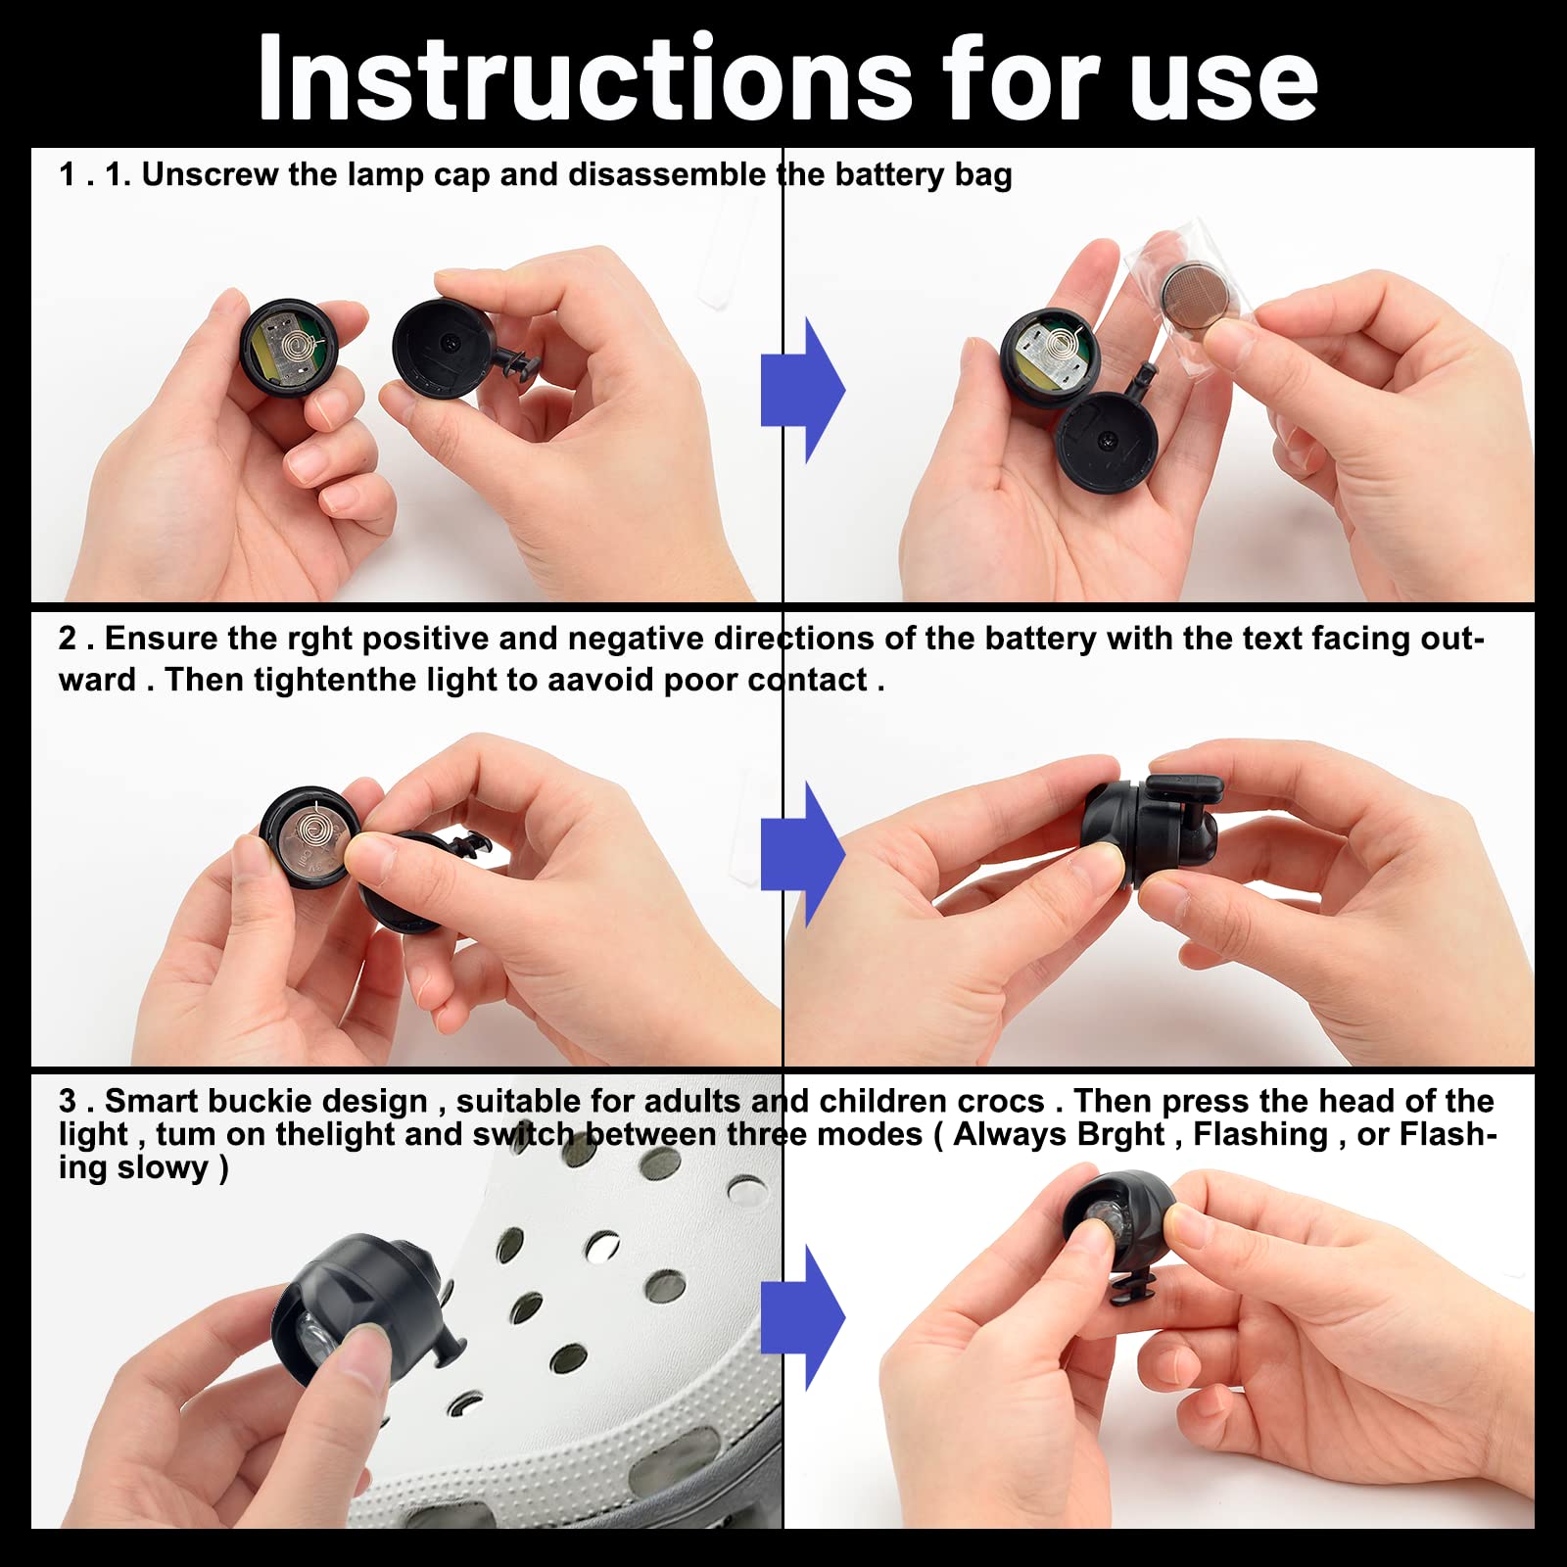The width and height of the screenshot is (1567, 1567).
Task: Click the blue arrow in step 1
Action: (803, 390)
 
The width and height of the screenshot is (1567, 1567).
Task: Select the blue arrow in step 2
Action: (803, 854)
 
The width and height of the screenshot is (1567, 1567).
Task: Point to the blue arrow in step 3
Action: (803, 1318)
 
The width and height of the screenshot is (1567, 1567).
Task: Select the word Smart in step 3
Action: (152, 1101)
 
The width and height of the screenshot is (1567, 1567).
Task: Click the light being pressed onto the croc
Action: (362, 1308)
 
